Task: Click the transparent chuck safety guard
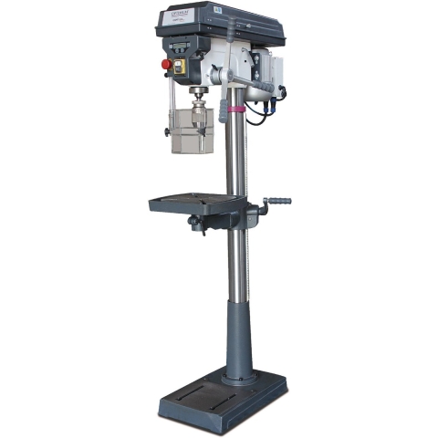(191, 129)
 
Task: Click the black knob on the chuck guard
(167, 133)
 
